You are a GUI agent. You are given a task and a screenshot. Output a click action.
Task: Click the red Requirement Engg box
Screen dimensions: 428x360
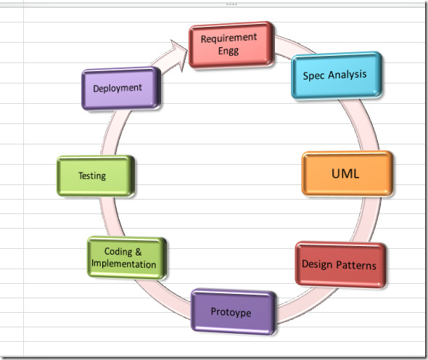[231, 45]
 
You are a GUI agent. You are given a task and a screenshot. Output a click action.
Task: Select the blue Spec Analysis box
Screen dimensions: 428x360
[337, 75]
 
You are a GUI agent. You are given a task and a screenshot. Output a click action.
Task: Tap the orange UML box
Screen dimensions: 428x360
[347, 173]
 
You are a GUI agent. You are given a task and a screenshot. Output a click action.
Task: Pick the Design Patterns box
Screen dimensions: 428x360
[340, 264]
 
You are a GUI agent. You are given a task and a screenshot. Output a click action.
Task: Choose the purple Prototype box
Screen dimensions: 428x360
[234, 311]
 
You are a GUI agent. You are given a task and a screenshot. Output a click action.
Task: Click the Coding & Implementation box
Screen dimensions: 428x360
[127, 258]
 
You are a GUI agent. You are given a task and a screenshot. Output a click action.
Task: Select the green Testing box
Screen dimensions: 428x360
[96, 176]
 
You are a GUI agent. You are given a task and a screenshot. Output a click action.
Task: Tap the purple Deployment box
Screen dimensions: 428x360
[121, 89]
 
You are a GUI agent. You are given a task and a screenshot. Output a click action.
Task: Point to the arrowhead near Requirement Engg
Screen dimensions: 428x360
[179, 55]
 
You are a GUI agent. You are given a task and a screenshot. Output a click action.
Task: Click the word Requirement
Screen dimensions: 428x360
[229, 38]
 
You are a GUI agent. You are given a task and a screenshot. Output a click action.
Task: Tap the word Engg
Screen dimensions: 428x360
[229, 51]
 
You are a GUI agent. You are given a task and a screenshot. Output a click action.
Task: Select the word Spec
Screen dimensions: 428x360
[313, 75]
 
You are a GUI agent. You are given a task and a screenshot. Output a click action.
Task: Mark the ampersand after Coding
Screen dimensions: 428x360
[139, 252]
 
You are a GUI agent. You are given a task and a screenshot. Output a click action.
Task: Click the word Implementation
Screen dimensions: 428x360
[123, 264]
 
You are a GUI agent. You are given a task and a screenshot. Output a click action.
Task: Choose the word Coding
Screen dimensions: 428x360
[118, 252]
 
